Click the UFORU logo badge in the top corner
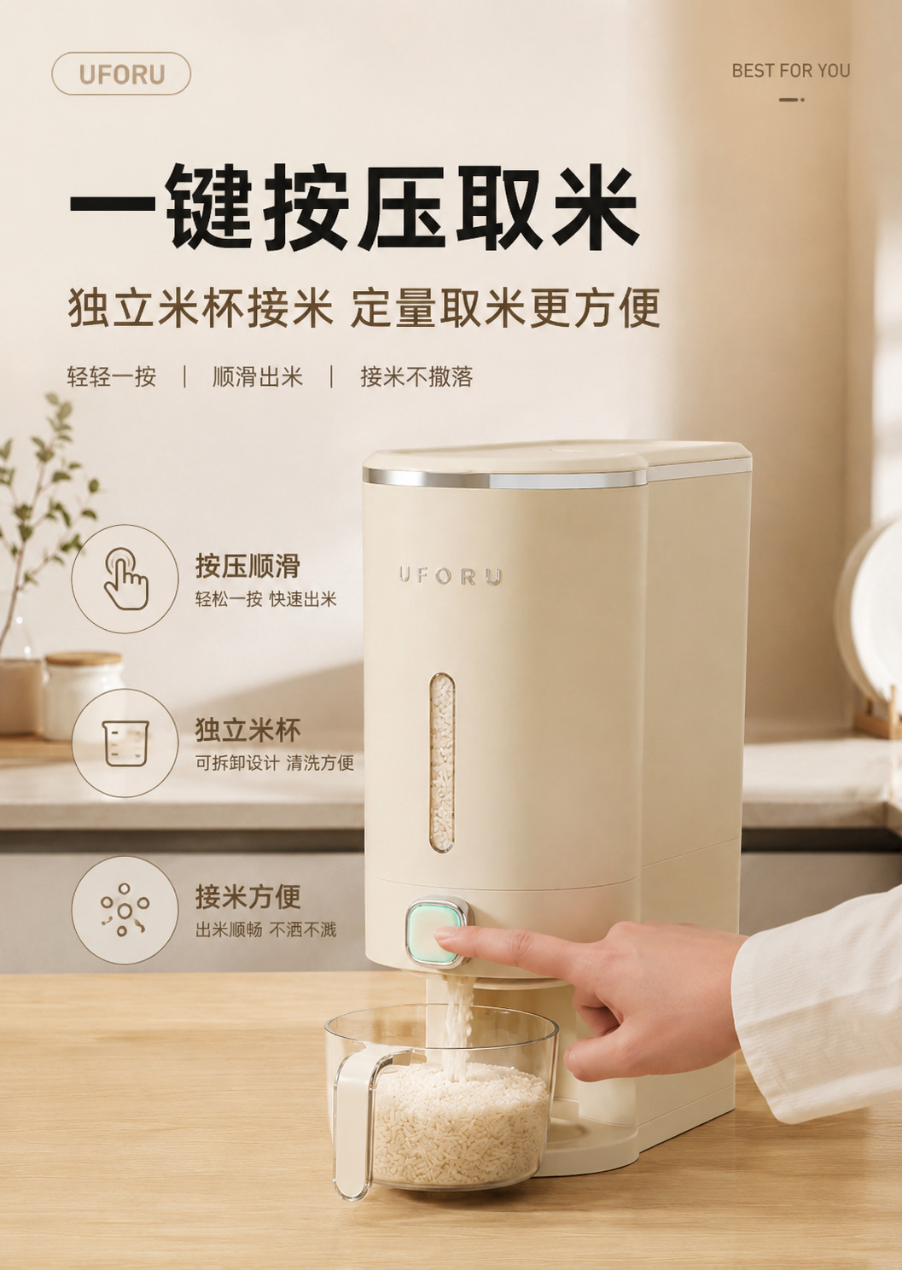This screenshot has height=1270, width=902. click(x=121, y=73)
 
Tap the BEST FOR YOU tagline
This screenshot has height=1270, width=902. click(x=791, y=71)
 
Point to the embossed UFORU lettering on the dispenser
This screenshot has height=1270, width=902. click(x=450, y=575)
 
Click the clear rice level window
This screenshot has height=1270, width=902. click(x=442, y=763)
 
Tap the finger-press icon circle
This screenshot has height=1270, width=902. click(x=125, y=579)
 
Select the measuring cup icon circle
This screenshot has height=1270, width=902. click(x=125, y=743)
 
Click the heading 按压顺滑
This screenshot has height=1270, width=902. click(x=247, y=565)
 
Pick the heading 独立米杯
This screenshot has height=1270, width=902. click(x=247, y=730)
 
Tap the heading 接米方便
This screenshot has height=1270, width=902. click(x=247, y=896)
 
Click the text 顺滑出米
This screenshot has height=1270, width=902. click(x=258, y=377)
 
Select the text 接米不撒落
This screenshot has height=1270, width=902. click(x=416, y=377)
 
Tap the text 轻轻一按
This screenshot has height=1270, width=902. click(x=112, y=377)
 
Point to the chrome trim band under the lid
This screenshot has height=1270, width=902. click(x=504, y=480)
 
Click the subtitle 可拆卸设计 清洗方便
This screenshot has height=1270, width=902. click(x=275, y=763)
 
